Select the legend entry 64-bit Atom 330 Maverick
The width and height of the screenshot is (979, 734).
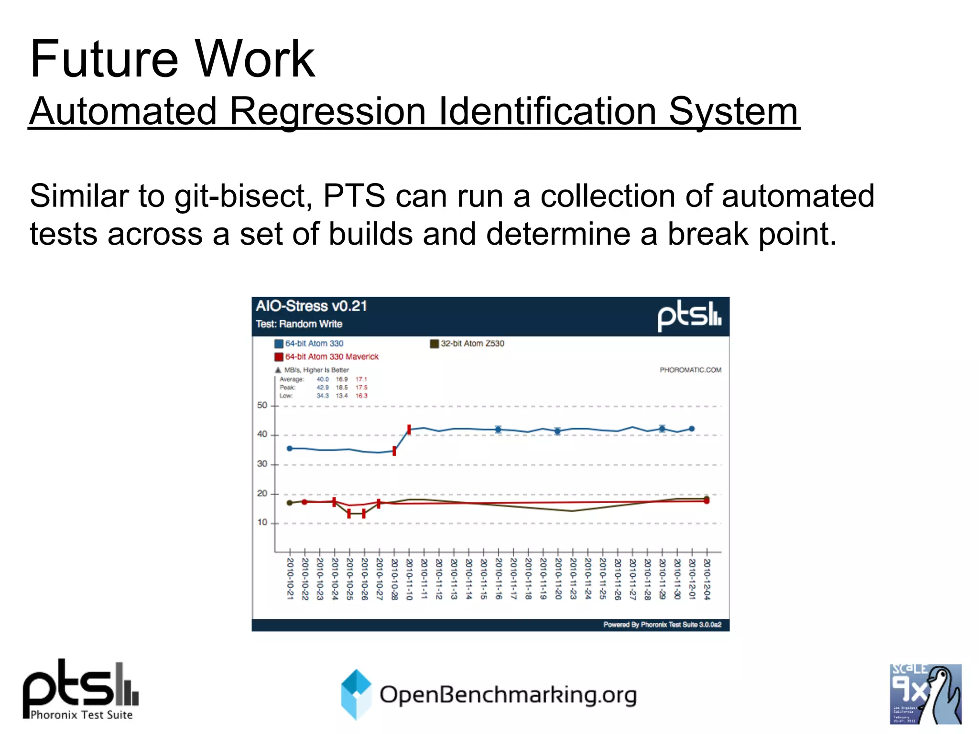tap(331, 356)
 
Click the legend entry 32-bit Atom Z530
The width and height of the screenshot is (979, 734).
tap(472, 344)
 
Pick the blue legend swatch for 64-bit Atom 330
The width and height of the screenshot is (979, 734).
tap(279, 344)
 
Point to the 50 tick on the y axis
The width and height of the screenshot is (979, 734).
tap(262, 405)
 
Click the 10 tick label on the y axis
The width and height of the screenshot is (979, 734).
tap(262, 522)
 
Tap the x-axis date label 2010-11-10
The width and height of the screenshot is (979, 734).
tap(409, 579)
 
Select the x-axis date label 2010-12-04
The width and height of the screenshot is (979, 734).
tap(707, 579)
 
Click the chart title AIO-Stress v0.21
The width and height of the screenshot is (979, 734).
tap(311, 306)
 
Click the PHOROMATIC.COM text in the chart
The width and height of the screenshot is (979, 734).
tap(690, 370)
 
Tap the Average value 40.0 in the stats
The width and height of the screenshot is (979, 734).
tap(323, 379)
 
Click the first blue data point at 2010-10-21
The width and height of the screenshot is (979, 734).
tap(289, 448)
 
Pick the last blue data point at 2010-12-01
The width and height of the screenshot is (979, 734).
tap(692, 429)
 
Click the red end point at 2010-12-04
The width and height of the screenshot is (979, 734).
tap(707, 501)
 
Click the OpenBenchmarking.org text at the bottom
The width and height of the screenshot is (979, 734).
tap(508, 695)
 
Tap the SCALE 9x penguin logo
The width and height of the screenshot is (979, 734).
tap(925, 694)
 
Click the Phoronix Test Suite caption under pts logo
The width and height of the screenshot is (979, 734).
tap(81, 715)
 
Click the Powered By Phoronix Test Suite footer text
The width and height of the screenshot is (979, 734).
tap(662, 625)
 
